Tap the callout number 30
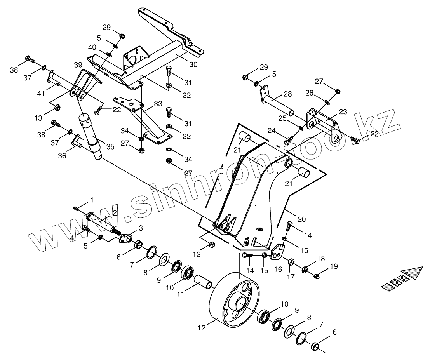193,64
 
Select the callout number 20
301,219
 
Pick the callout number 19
334,266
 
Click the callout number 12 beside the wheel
201,328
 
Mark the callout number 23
343,111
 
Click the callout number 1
92,200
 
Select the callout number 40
92,47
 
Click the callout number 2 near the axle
115,212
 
